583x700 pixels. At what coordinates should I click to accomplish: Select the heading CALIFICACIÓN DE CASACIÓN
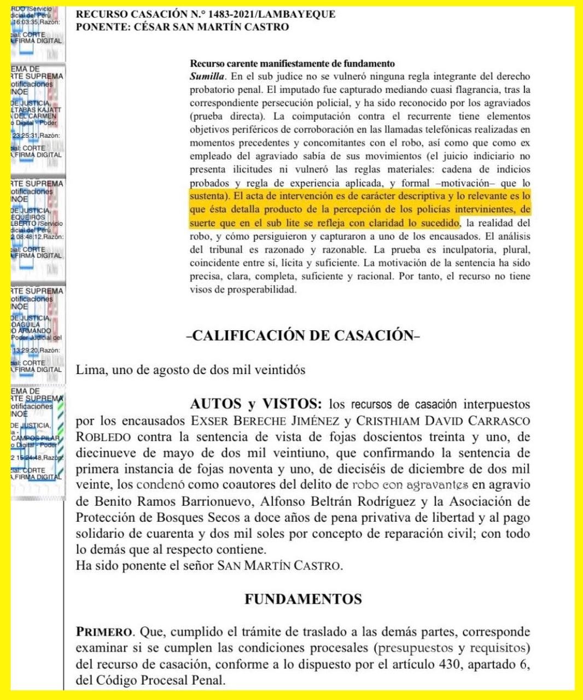click(x=303, y=335)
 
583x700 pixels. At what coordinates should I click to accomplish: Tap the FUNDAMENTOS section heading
click(x=303, y=599)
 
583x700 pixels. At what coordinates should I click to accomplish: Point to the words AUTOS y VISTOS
click(x=256, y=404)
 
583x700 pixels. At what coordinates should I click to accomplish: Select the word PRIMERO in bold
click(x=104, y=632)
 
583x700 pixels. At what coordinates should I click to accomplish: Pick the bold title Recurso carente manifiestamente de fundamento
click(x=292, y=64)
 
